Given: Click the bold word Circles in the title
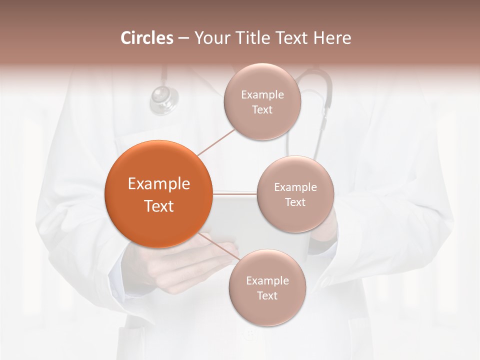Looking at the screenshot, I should tap(147, 38).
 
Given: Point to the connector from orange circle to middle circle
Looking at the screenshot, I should tap(235, 192).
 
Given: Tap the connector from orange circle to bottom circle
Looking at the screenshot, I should tap(220, 248).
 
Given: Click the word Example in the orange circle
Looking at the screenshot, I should tap(158, 184).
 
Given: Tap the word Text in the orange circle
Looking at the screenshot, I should tap(158, 206).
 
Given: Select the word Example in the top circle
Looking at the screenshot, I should tap(262, 95).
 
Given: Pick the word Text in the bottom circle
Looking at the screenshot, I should tap(267, 295).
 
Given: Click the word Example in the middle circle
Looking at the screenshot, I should tap(295, 187).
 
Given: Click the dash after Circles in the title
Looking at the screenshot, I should tap(183, 38).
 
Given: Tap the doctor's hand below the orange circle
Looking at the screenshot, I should tap(190, 265).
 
